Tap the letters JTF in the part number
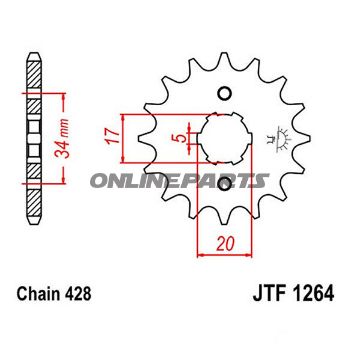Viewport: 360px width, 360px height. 263,296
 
